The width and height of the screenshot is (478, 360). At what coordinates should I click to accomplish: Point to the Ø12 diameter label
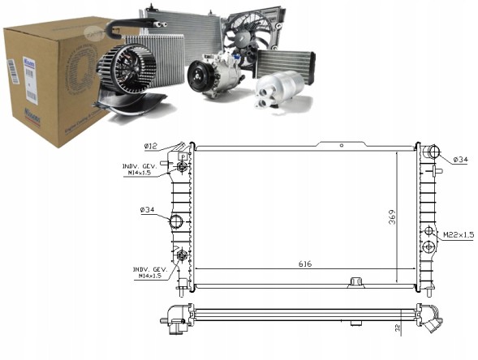point(150,146)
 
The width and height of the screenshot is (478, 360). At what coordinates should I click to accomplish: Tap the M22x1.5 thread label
point(456,235)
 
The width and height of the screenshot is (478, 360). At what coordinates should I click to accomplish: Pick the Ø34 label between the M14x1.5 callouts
point(148,210)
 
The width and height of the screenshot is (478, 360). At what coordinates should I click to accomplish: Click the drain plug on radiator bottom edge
point(354,283)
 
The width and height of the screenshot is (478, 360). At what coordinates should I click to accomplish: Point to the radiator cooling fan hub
point(252,34)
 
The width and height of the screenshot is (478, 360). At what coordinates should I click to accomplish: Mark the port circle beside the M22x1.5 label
point(428,233)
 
